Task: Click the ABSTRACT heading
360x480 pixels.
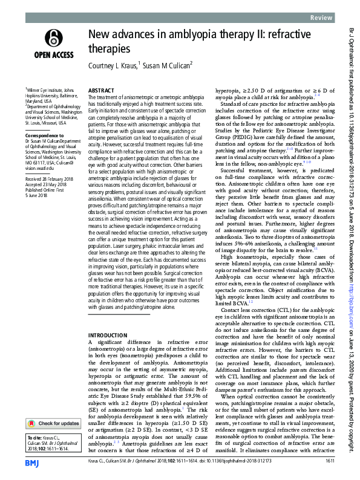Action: pos(100,89)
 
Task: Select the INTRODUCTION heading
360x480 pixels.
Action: pos(108,335)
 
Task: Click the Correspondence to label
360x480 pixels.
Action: pos(43,136)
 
